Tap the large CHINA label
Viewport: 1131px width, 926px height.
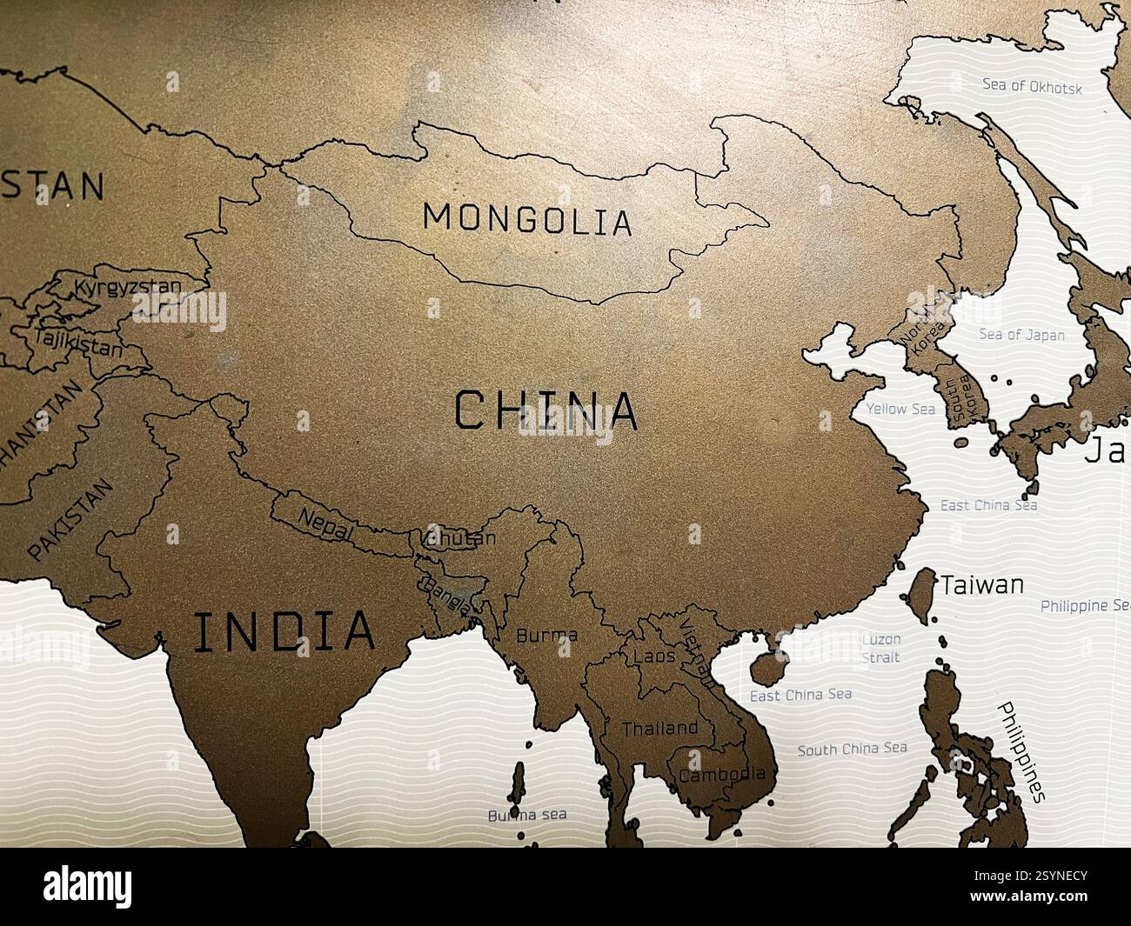tap(546, 411)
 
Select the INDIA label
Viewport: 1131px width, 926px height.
tap(284, 632)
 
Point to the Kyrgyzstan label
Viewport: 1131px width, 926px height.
tap(129, 287)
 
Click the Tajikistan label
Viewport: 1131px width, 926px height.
tap(79, 343)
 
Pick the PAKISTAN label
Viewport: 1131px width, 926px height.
tap(70, 519)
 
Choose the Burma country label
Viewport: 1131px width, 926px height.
tap(546, 636)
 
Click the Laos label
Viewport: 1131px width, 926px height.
tap(654, 656)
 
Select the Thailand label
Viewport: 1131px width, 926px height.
tap(659, 728)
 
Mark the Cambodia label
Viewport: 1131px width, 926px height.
tap(722, 774)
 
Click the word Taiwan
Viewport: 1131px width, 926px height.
tap(982, 584)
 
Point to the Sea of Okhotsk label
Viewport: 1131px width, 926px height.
tap(1032, 86)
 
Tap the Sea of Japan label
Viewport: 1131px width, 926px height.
tap(1021, 334)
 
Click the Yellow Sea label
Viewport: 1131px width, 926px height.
tap(900, 409)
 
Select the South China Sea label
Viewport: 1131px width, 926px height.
tap(853, 749)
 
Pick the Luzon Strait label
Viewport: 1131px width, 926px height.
tap(880, 649)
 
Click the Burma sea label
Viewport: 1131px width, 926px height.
tap(526, 815)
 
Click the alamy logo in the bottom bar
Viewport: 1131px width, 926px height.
tap(89, 886)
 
